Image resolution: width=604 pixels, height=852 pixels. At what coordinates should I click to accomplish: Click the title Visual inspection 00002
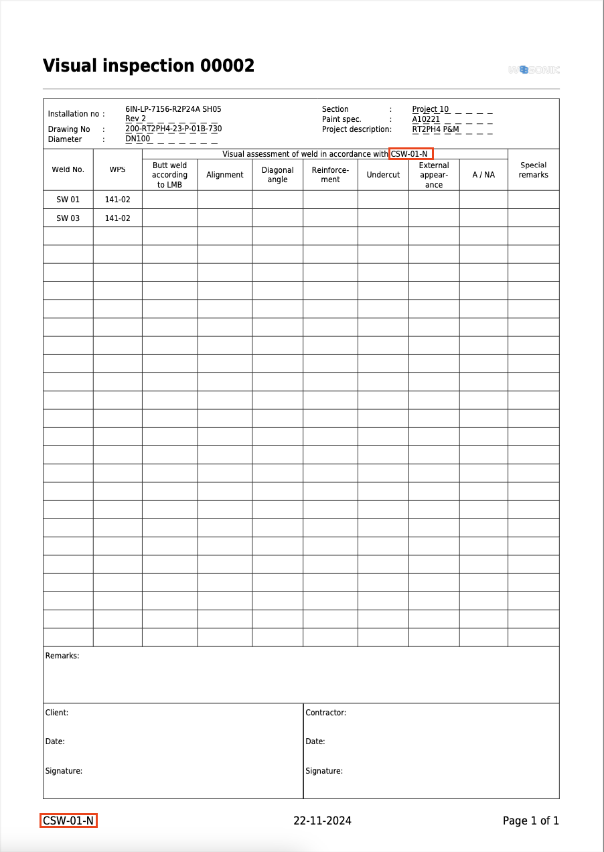tap(149, 66)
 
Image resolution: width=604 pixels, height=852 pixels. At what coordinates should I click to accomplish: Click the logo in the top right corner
tap(534, 70)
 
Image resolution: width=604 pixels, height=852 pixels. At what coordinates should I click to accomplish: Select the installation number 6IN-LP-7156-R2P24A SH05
tap(173, 109)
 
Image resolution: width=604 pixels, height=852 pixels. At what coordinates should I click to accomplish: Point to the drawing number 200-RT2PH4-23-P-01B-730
tap(173, 129)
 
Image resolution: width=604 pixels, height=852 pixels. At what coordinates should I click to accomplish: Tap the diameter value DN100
tap(138, 139)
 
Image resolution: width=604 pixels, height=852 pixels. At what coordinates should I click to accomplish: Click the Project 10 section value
tap(431, 109)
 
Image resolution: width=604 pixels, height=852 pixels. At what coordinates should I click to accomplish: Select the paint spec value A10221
tap(426, 119)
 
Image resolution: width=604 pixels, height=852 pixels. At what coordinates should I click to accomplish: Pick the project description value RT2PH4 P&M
tap(435, 129)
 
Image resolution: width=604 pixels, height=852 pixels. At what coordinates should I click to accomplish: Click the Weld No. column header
tap(68, 169)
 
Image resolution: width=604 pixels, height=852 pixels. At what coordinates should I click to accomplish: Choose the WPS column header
tap(118, 169)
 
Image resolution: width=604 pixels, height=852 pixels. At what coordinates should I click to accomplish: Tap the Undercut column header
tap(383, 175)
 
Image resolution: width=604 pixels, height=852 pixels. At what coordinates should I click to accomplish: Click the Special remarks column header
tap(533, 170)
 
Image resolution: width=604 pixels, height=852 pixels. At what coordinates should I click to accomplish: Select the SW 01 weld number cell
tap(68, 200)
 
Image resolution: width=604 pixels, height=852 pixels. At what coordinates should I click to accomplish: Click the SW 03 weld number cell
tap(68, 218)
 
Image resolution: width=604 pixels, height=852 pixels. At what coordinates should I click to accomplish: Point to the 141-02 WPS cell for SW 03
tap(118, 218)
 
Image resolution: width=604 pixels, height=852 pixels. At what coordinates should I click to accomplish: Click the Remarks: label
tap(62, 656)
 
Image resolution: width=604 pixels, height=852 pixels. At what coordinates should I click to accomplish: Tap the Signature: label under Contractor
tap(324, 771)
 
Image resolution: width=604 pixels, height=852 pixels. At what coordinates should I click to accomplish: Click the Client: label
tap(57, 713)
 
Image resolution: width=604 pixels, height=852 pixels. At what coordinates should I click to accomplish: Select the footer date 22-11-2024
tap(322, 821)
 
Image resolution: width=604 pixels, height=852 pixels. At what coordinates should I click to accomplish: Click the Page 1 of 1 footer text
tap(530, 821)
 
